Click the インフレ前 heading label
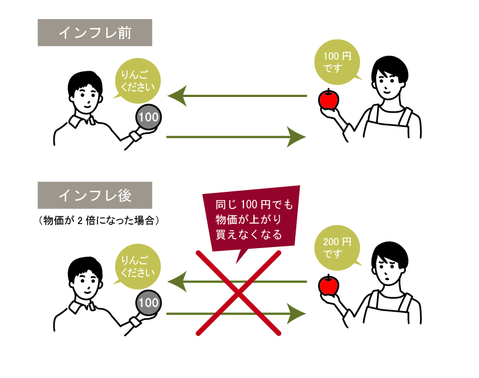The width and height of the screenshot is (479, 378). coord(95,33)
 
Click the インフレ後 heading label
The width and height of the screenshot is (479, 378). coord(95,195)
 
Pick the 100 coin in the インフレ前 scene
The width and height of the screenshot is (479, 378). coord(148,117)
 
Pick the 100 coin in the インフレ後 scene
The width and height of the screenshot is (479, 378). coord(148,303)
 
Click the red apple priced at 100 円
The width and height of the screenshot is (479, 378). coord(329,100)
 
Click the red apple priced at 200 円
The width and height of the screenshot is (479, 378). coord(329,285)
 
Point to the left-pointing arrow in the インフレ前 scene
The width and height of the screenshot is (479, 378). coord(237,96)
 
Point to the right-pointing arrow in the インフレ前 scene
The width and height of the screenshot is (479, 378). coord(237,136)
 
